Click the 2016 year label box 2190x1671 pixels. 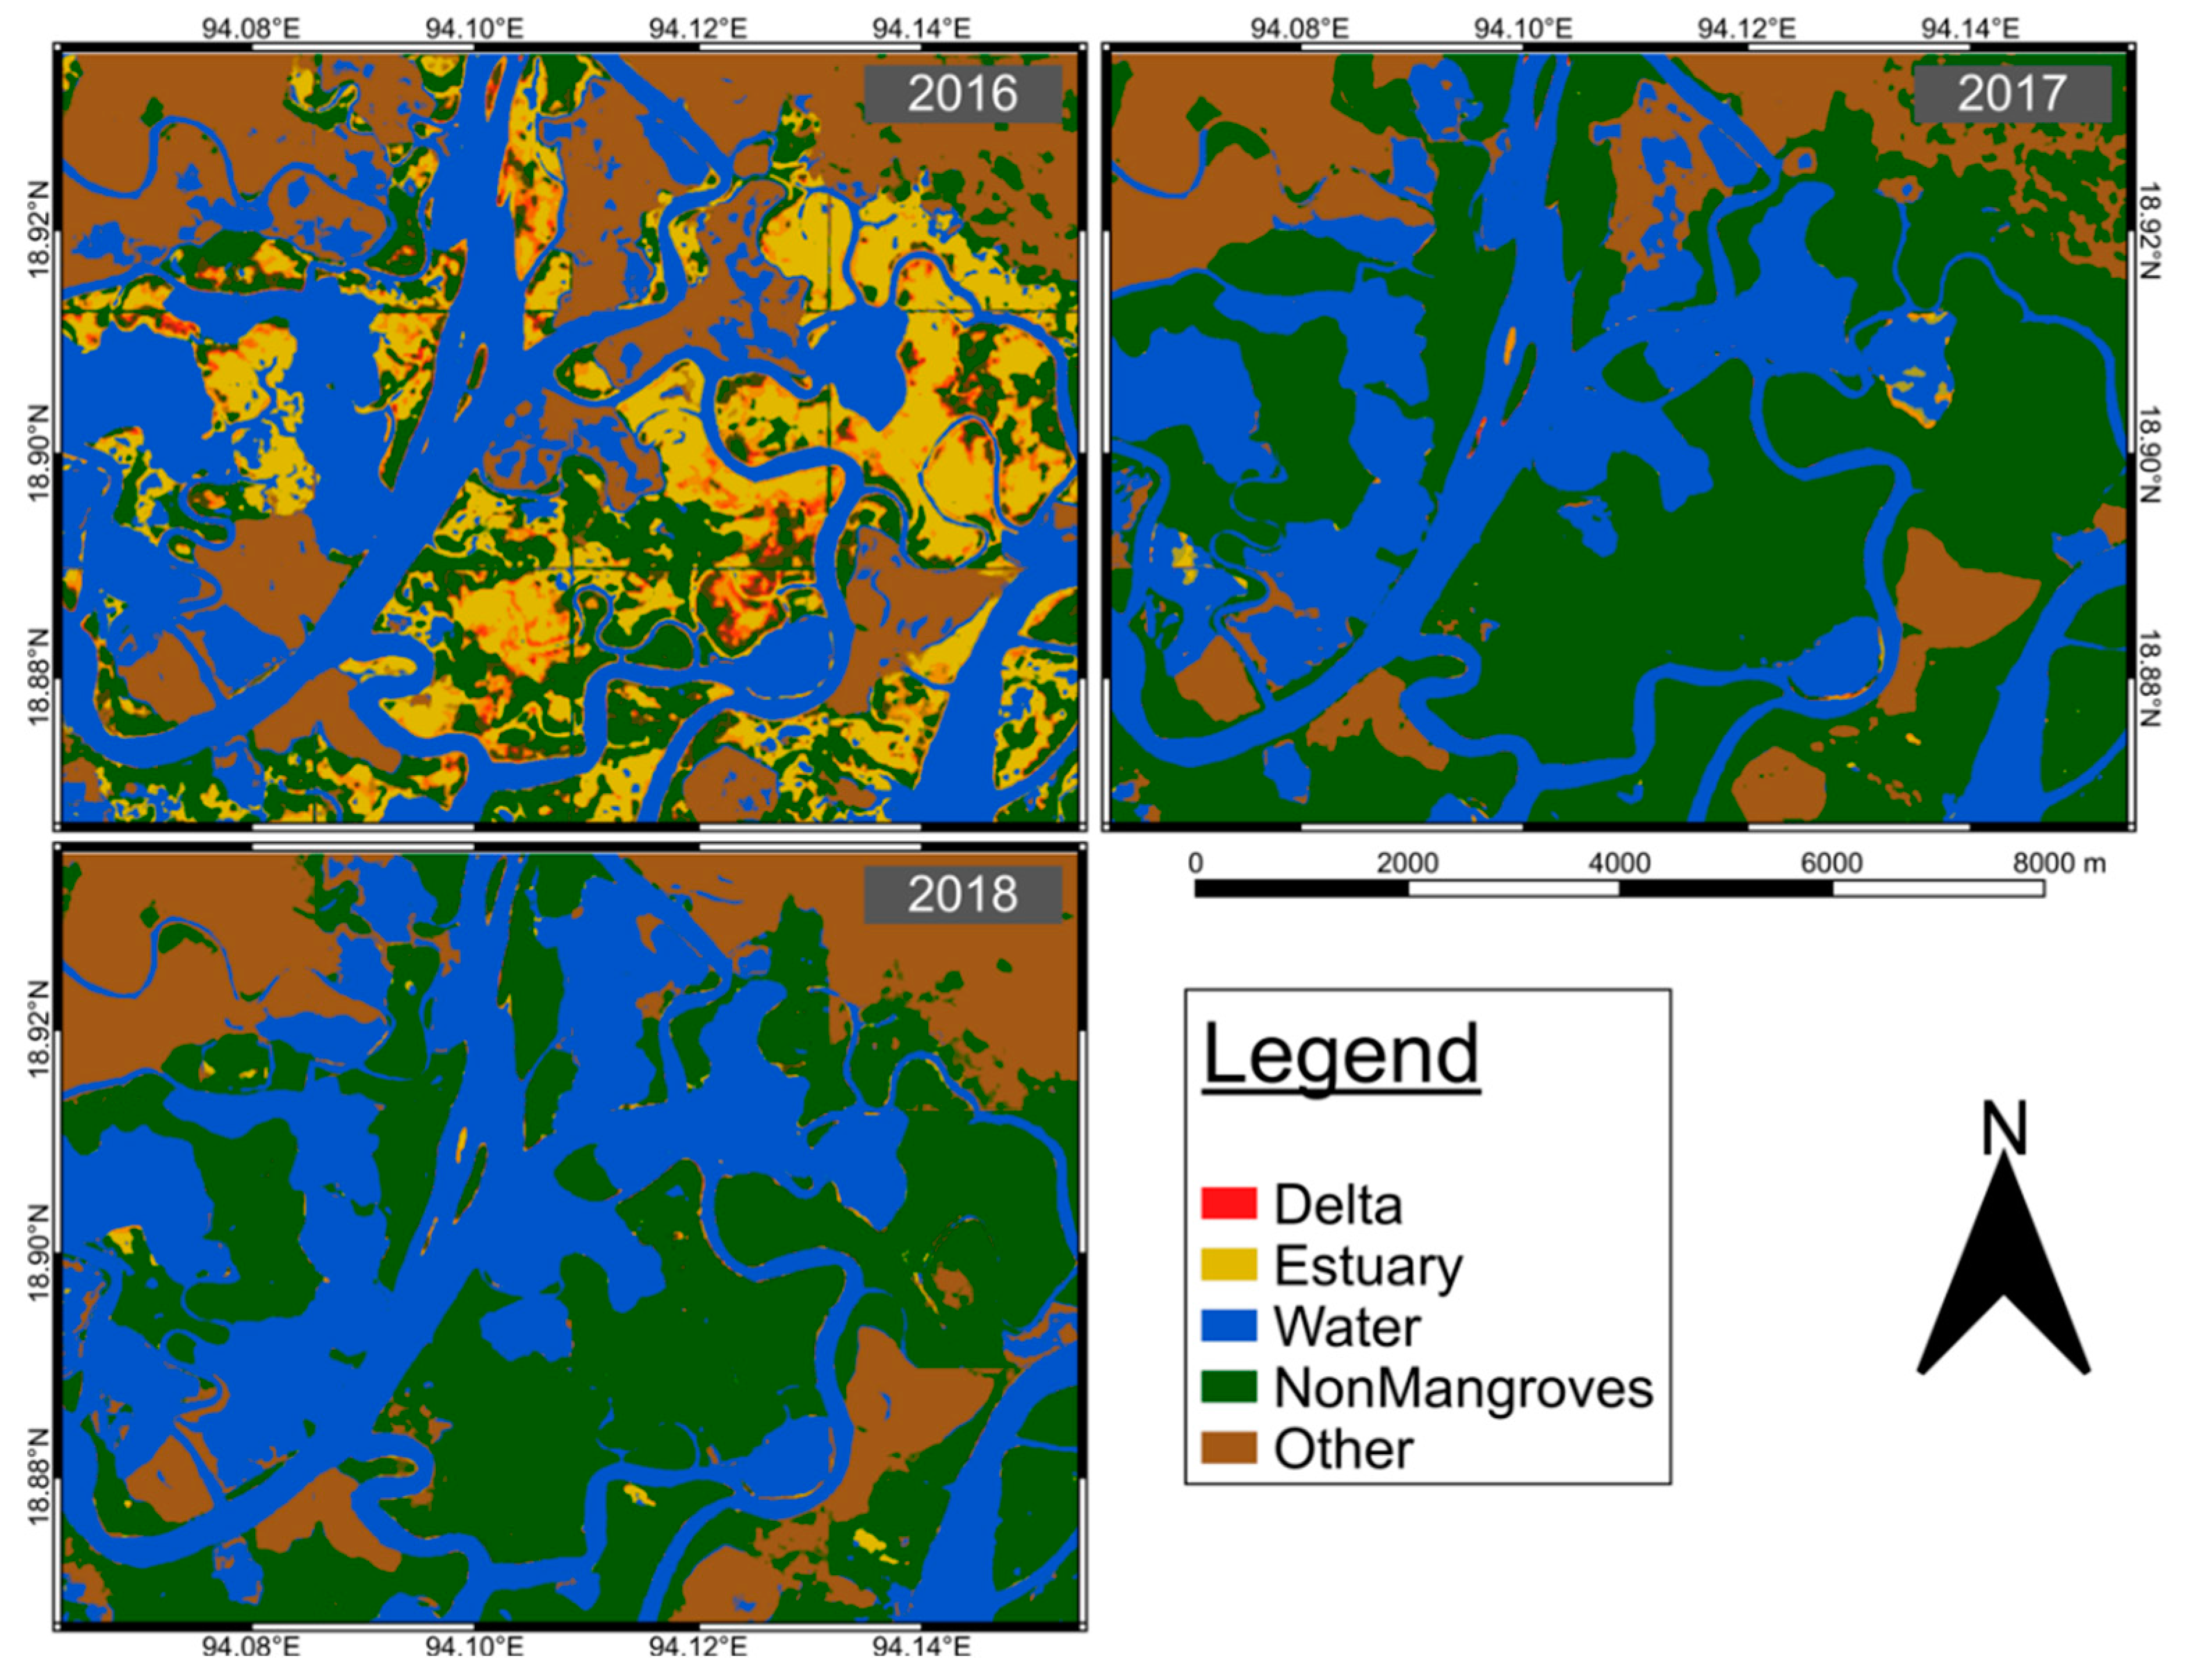click(962, 94)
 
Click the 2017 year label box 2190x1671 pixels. click(2012, 94)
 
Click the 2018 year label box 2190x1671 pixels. click(962, 894)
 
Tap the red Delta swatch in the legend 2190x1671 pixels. click(1228, 1203)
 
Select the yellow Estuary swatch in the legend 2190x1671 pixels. click(1228, 1265)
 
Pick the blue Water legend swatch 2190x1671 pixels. click(1228, 1326)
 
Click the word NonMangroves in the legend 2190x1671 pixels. click(1463, 1387)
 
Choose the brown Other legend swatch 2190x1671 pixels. click(1228, 1448)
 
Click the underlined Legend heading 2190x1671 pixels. click(1340, 1054)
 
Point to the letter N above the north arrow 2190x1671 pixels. click(2003, 1128)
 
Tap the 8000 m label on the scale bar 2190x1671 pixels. click(2059, 863)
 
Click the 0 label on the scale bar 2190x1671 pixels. click(1196, 863)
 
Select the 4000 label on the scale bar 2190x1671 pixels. click(1619, 863)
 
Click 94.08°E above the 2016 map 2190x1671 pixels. click(251, 27)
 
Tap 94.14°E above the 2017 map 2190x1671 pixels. click(1970, 27)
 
